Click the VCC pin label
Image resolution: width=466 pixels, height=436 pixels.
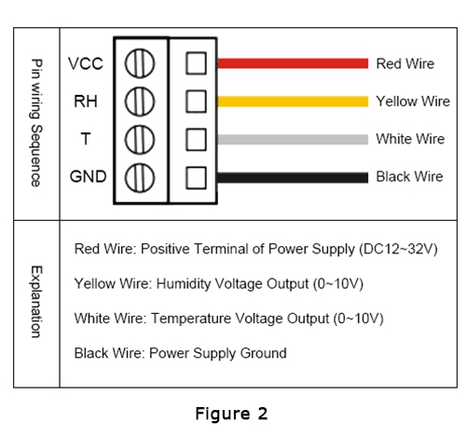(86, 63)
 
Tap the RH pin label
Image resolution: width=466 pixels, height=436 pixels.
(86, 101)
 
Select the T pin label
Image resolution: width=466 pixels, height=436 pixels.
(86, 139)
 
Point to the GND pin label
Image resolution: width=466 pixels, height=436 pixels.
(88, 176)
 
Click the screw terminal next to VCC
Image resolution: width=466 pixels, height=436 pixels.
(139, 63)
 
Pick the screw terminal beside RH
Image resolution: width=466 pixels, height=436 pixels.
(139, 101)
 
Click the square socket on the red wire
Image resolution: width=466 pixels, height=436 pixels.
(195, 63)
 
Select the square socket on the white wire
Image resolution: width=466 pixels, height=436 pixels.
(195, 139)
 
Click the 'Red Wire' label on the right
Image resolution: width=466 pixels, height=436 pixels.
(405, 63)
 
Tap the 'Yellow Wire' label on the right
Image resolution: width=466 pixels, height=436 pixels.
(412, 101)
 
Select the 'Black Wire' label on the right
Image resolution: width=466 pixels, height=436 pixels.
(409, 176)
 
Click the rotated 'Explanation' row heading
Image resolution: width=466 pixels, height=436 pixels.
(36, 301)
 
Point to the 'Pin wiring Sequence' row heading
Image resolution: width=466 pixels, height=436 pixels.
(36, 122)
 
